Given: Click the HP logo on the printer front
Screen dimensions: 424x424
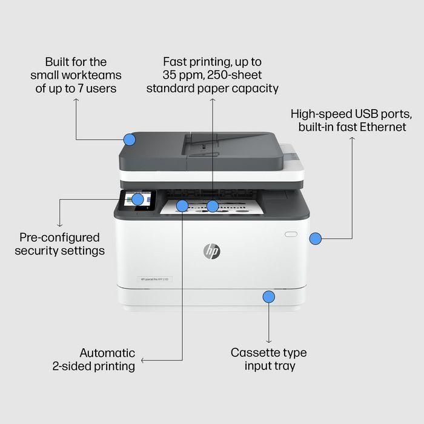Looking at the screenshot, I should tap(212, 251).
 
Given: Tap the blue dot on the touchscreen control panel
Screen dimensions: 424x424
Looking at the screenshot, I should tap(137, 199).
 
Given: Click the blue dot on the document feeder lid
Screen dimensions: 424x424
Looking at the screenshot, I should tap(129, 139).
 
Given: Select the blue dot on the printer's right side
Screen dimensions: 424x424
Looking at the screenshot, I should tap(315, 239).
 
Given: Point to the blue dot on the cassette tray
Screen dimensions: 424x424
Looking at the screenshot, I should tap(268, 297).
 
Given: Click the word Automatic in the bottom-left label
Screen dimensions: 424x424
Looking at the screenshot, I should tap(107, 353).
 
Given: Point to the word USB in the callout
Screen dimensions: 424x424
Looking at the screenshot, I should tap(356, 114).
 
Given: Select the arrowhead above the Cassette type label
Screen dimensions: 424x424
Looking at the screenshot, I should tap(268, 342).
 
